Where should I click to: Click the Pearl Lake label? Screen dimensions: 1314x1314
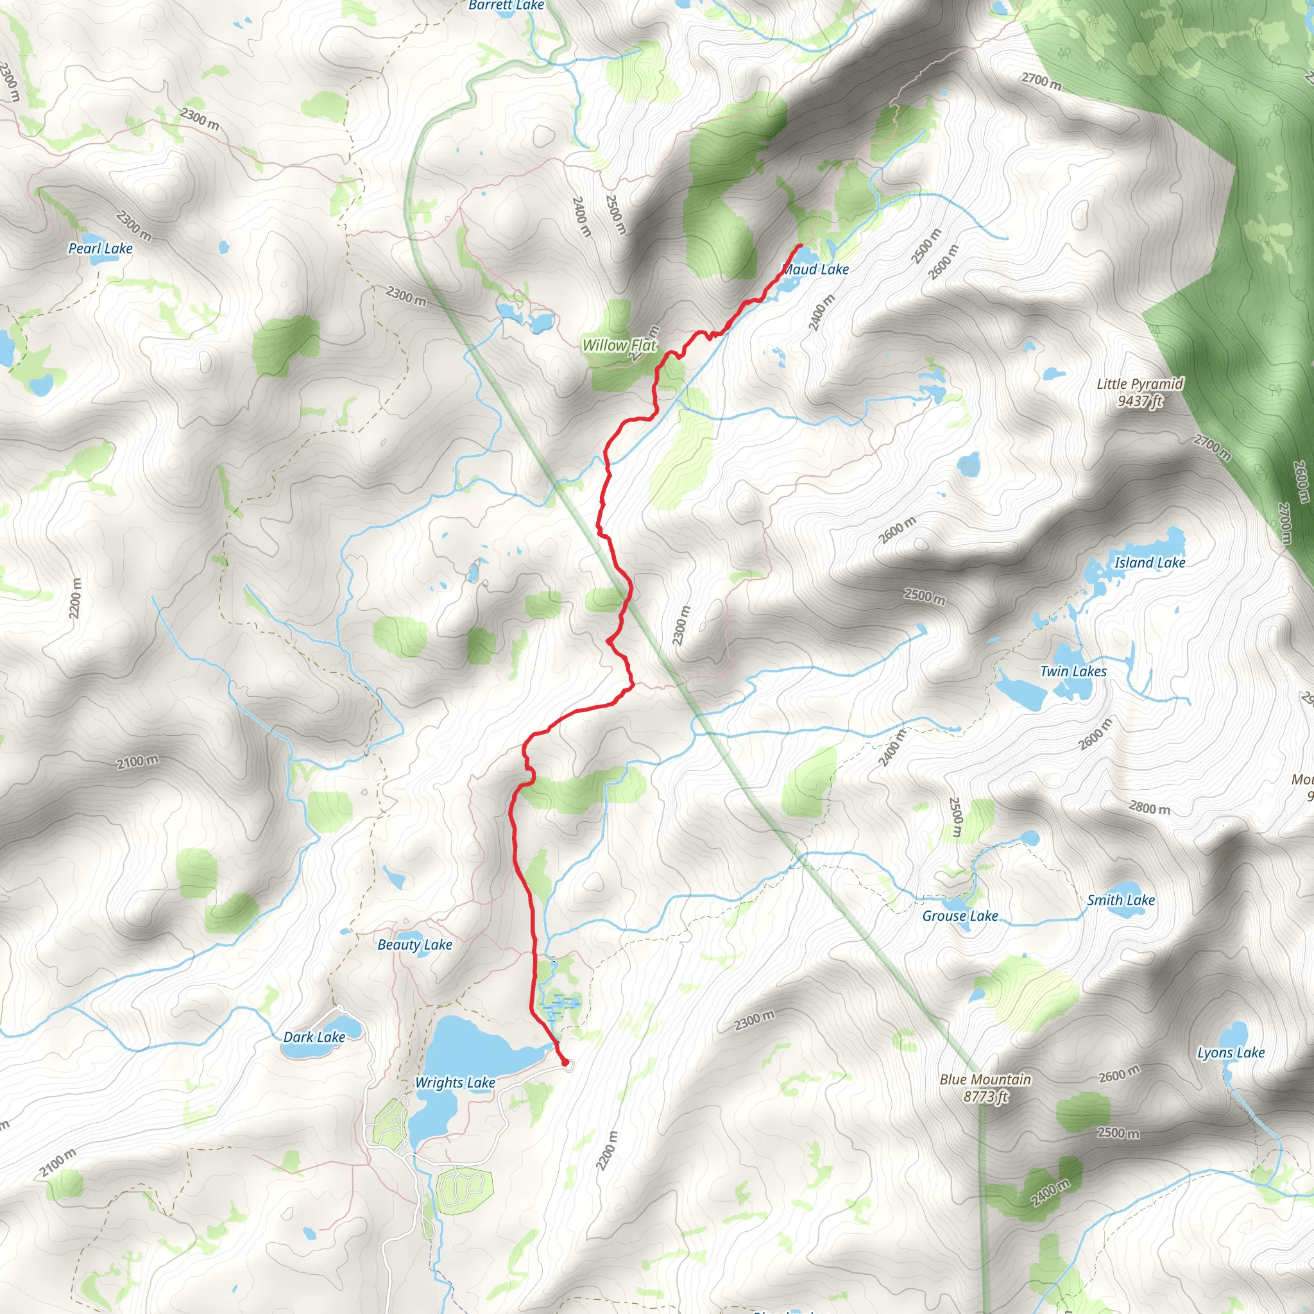[x=101, y=248]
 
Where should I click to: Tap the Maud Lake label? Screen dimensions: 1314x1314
[x=816, y=269]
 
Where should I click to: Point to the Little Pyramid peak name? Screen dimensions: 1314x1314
[x=1140, y=384]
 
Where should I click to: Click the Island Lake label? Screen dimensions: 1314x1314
[x=1149, y=563]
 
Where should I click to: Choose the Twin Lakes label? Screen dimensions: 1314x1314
[x=1073, y=671]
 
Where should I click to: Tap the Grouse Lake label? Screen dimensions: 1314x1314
[x=960, y=916]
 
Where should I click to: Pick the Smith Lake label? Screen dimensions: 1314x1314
[x=1121, y=900]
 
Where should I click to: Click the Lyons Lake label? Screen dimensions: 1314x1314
[x=1231, y=1052]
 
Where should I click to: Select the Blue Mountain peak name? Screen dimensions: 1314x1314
[x=985, y=1079]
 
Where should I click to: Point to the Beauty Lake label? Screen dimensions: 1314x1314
[x=415, y=944]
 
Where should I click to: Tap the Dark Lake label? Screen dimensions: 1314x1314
[x=314, y=1037]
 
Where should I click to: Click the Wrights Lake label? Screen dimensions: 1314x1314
[x=455, y=1082]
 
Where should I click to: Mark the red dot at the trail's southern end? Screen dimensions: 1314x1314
[x=565, y=1062]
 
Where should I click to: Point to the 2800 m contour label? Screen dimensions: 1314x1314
[x=1149, y=807]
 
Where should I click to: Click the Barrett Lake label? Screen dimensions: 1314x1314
[x=507, y=5]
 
